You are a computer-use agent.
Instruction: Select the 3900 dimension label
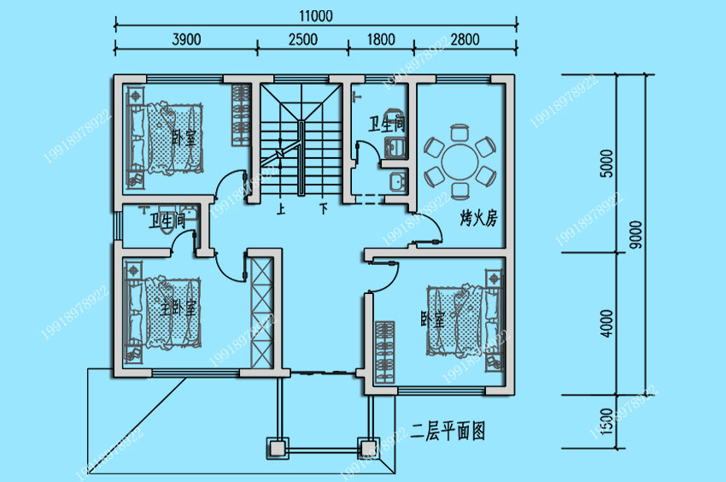(186, 38)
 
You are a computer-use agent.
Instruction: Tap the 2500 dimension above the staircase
(303, 38)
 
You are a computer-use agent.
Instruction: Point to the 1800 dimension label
(381, 38)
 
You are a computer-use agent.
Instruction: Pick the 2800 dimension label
(465, 38)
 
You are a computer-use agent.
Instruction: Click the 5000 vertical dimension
(606, 163)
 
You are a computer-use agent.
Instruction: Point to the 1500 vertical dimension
(606, 420)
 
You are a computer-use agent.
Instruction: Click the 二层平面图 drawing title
(448, 432)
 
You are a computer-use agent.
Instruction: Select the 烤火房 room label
(478, 219)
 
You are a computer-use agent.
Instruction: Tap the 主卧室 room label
(179, 308)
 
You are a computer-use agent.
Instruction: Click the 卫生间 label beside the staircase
(386, 125)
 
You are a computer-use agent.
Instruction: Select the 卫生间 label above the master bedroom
(167, 222)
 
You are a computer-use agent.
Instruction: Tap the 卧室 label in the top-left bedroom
(182, 137)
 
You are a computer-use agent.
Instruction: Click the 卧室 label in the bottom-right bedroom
(432, 320)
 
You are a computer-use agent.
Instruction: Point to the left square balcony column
(277, 447)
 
